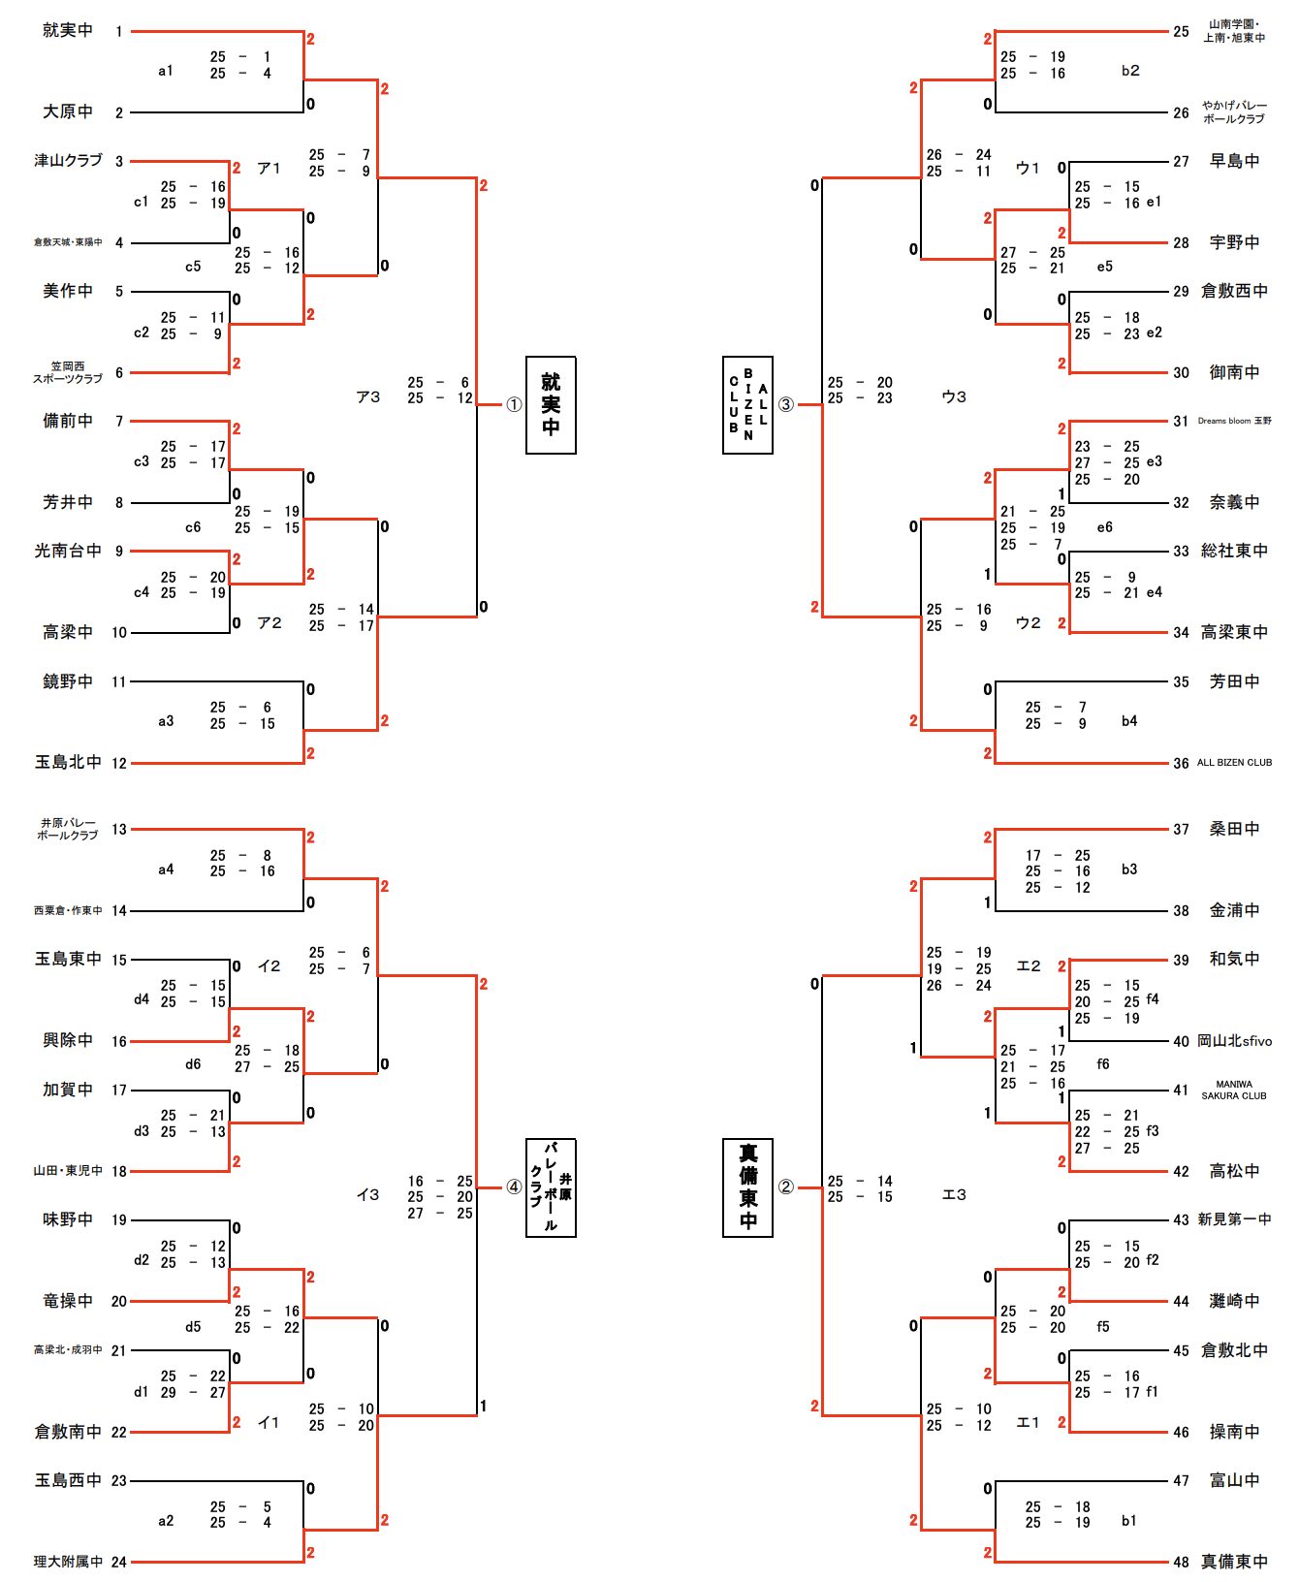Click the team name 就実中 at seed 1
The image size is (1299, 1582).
[68, 30]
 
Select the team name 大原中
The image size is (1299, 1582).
[68, 111]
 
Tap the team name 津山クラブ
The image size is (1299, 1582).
[68, 160]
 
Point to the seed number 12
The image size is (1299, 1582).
[119, 763]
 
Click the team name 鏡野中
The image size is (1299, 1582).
[68, 681]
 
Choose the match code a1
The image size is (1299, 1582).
[166, 71]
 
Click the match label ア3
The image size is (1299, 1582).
[368, 396]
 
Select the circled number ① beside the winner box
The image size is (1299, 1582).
[514, 405]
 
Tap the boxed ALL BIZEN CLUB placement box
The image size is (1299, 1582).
[747, 404]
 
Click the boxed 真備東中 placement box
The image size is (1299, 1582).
[747, 1187]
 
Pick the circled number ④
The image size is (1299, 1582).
[514, 1187]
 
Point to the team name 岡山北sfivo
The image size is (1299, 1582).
[1234, 1041]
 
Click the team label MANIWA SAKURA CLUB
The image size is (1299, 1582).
[1234, 1090]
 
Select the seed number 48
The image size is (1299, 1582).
[1181, 1562]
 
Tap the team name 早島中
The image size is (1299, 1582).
[1234, 161]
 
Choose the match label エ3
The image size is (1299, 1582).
[955, 1195]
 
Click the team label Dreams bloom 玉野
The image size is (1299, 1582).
[1234, 421]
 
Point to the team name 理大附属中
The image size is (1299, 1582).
[68, 1562]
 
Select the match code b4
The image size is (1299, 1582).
[1129, 721]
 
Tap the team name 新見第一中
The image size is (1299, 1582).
[1234, 1219]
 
